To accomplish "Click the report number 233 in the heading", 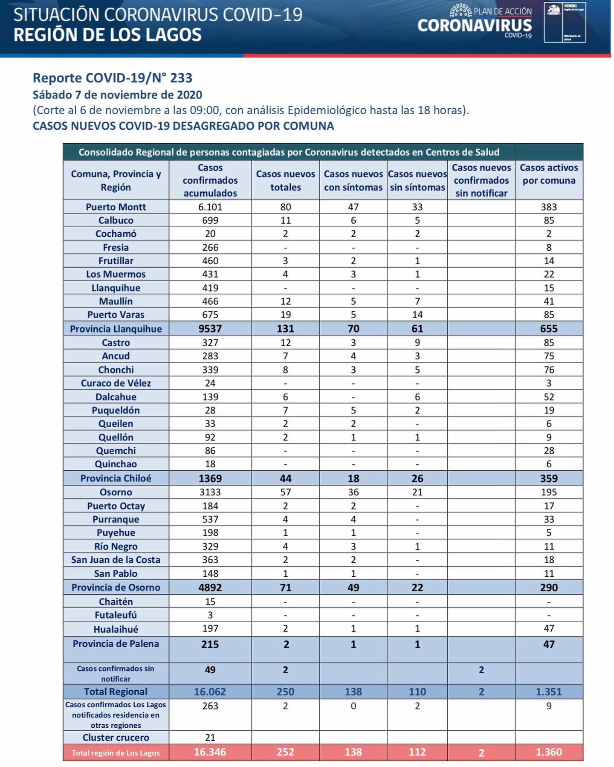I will coord(181,78).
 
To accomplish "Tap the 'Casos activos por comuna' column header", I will coord(549,174).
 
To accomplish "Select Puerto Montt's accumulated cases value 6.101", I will coord(210,207).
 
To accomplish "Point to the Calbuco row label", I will coord(116,220).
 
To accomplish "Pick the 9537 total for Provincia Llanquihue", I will coord(210,329).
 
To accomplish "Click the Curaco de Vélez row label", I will coord(116,383).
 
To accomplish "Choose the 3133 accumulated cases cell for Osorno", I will coord(210,492).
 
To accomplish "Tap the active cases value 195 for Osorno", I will coord(549,492).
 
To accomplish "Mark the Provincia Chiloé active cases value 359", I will coord(549,478).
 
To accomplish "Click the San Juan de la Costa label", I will coord(116,560).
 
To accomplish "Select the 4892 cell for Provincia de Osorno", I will coord(210,588).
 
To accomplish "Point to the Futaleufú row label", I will coord(116,615).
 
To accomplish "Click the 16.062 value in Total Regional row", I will coord(210,692).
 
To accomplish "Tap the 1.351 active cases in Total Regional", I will coord(549,692).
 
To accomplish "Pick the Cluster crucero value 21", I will coord(210,738).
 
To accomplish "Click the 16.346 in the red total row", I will coord(210,752).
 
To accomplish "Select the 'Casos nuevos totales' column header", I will coord(285,180).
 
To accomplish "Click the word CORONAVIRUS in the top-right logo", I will coord(475,26).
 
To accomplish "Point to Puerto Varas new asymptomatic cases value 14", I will coord(417,315).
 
